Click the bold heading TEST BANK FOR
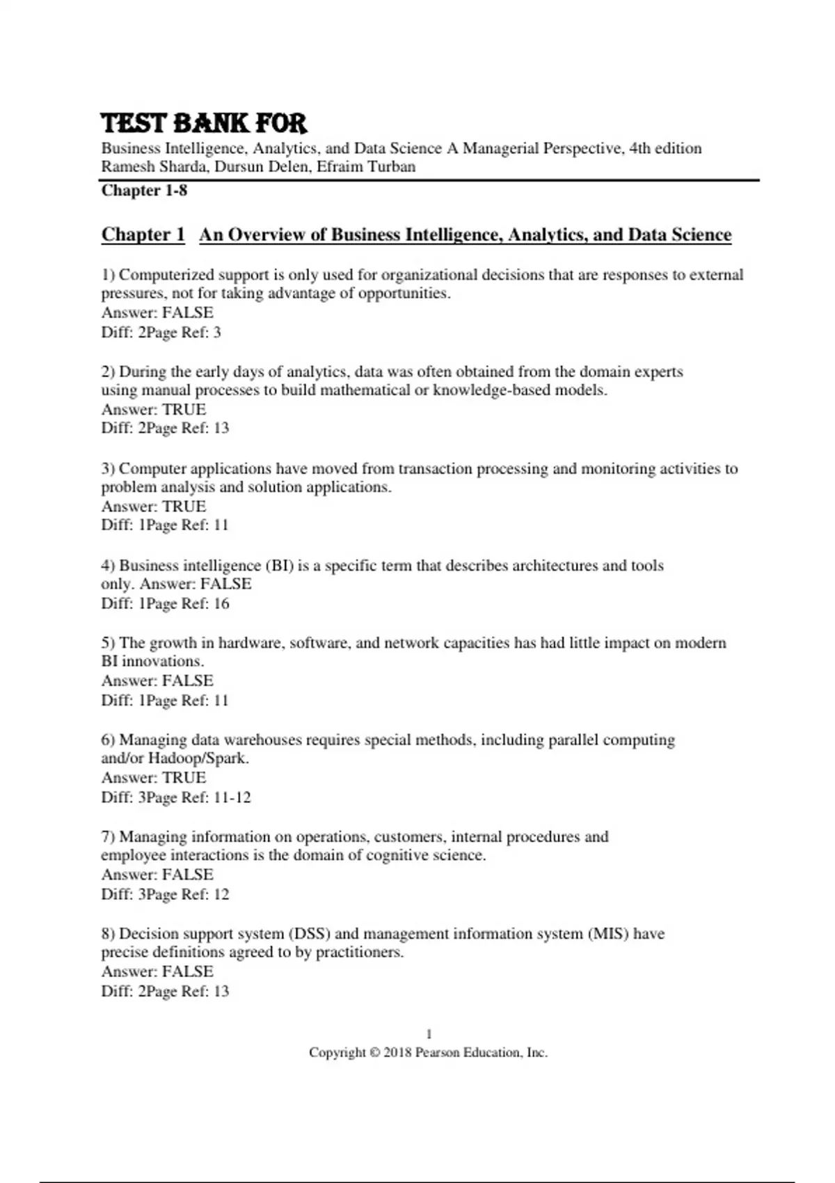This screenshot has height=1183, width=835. tap(203, 123)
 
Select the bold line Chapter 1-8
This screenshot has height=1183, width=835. tap(144, 191)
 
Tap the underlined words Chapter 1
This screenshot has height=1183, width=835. tap(143, 235)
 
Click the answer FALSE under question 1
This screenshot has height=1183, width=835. tap(188, 312)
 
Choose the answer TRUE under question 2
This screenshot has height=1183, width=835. tap(184, 409)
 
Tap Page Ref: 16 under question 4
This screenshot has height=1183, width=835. tap(188, 603)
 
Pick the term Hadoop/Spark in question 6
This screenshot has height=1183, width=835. tap(198, 759)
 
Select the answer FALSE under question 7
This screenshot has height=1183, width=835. tap(188, 875)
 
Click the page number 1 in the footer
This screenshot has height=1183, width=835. tap(429, 1034)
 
